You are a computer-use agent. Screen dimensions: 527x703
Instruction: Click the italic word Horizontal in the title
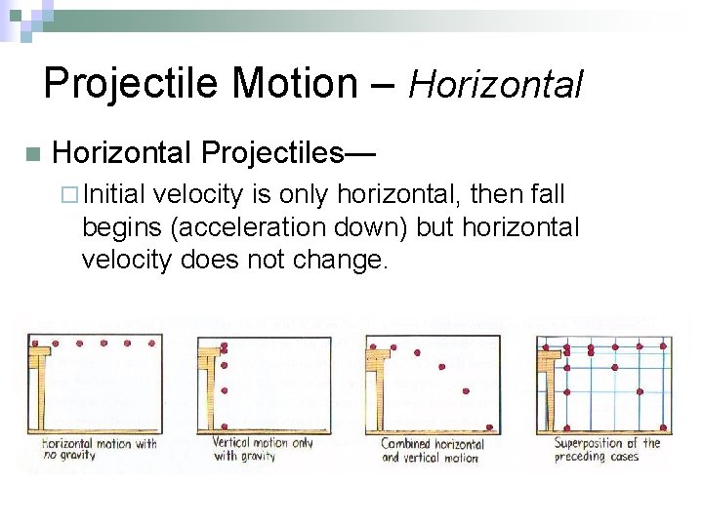click(x=495, y=85)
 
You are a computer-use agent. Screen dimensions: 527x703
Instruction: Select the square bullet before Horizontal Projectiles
click(x=31, y=154)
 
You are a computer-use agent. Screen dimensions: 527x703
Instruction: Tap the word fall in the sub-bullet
click(x=547, y=195)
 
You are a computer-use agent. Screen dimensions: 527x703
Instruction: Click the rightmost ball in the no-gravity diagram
click(x=151, y=344)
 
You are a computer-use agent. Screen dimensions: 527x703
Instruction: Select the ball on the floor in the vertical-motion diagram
click(x=225, y=426)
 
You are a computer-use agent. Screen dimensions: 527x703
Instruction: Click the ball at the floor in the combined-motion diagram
click(x=489, y=426)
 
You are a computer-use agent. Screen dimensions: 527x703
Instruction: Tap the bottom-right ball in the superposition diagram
click(x=664, y=426)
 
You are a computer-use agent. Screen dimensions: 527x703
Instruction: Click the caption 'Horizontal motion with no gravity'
click(x=99, y=449)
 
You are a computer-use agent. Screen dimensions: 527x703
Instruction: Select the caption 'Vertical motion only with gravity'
click(x=263, y=449)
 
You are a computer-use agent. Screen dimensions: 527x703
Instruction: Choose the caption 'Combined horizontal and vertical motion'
click(x=431, y=450)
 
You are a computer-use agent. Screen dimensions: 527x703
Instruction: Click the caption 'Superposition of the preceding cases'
click(x=606, y=449)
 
